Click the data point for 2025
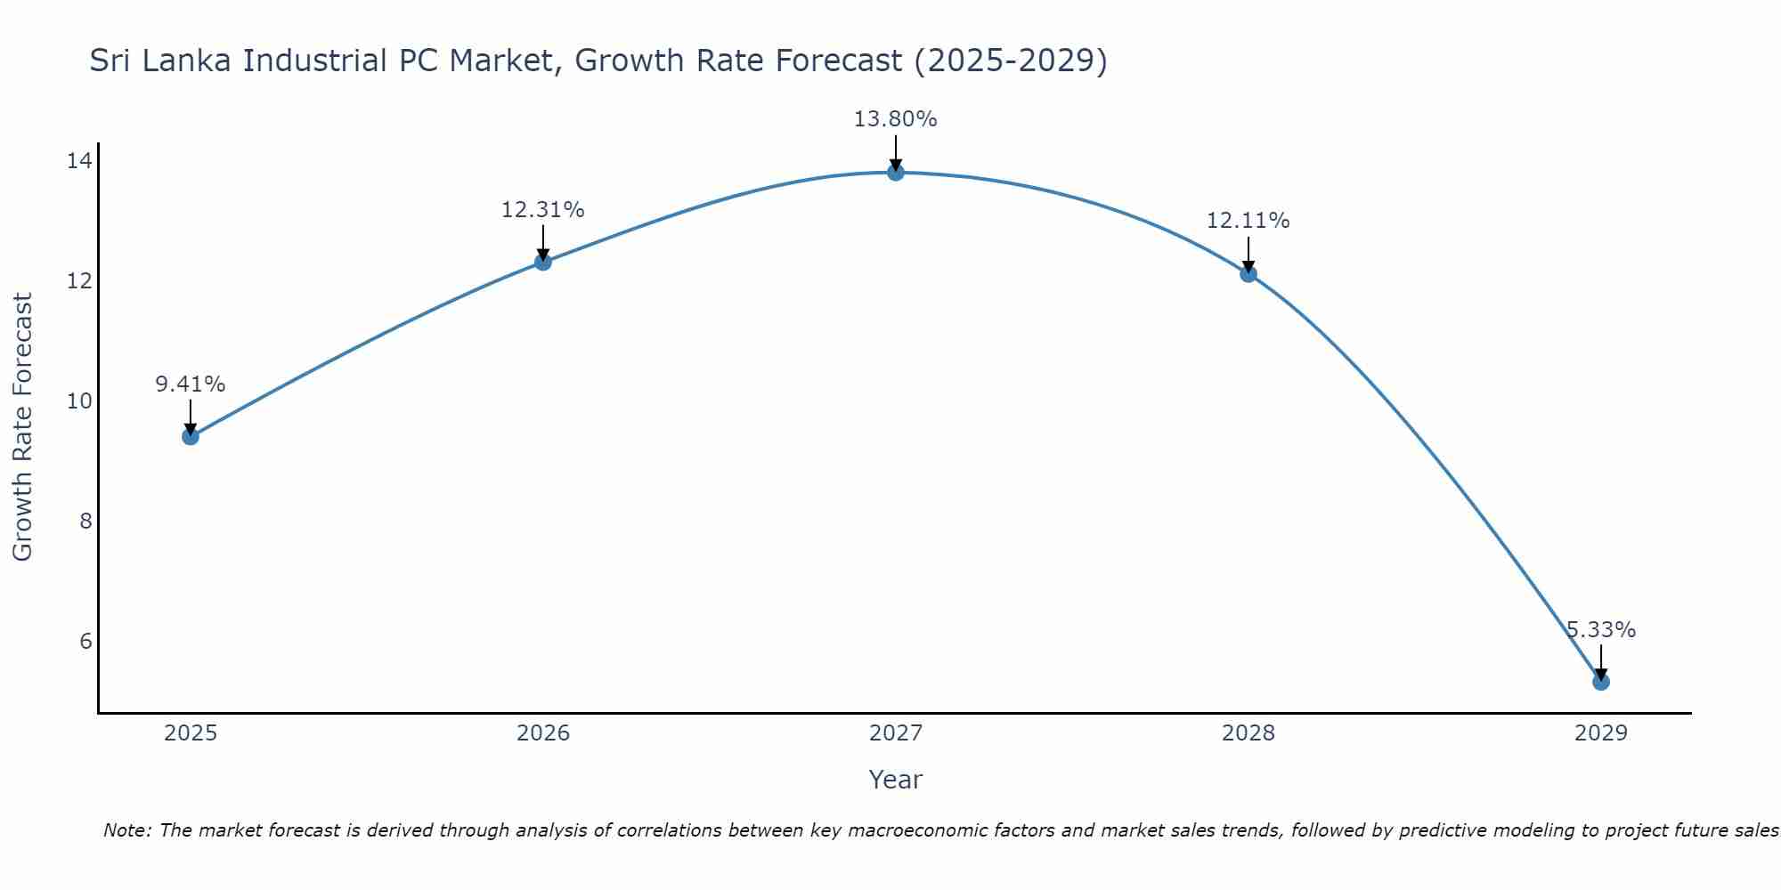[x=190, y=436]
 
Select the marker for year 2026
[x=542, y=262]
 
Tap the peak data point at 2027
[x=895, y=172]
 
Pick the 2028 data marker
[x=1248, y=273]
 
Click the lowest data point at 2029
[x=1600, y=682]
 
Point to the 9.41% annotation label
[x=190, y=384]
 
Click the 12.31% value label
[x=542, y=210]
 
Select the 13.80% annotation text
[x=895, y=119]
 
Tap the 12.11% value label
[x=1248, y=221]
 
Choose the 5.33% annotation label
[x=1600, y=630]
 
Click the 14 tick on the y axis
[x=79, y=161]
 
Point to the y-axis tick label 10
[x=79, y=401]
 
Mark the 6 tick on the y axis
[x=85, y=642]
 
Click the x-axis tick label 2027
[x=895, y=733]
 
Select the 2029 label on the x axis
[x=1600, y=733]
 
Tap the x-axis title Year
[x=895, y=780]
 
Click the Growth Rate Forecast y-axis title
[x=22, y=427]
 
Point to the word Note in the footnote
[x=127, y=830]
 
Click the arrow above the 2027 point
[x=895, y=151]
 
